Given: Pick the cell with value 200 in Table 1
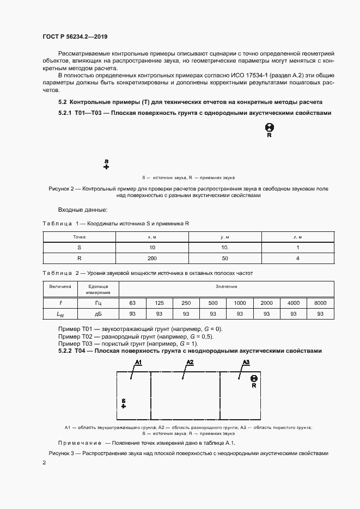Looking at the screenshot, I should (152, 257).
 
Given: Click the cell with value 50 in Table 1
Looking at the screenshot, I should (224, 257).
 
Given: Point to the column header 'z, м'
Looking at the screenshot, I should (297, 237).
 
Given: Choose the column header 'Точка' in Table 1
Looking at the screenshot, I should (79, 237).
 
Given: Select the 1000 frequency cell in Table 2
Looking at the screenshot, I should (240, 303).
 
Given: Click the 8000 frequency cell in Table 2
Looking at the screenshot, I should (320, 303).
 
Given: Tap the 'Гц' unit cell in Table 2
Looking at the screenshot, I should (98, 303).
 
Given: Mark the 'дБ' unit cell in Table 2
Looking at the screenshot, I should (98, 314).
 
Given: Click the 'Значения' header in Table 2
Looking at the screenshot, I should (226, 286).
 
